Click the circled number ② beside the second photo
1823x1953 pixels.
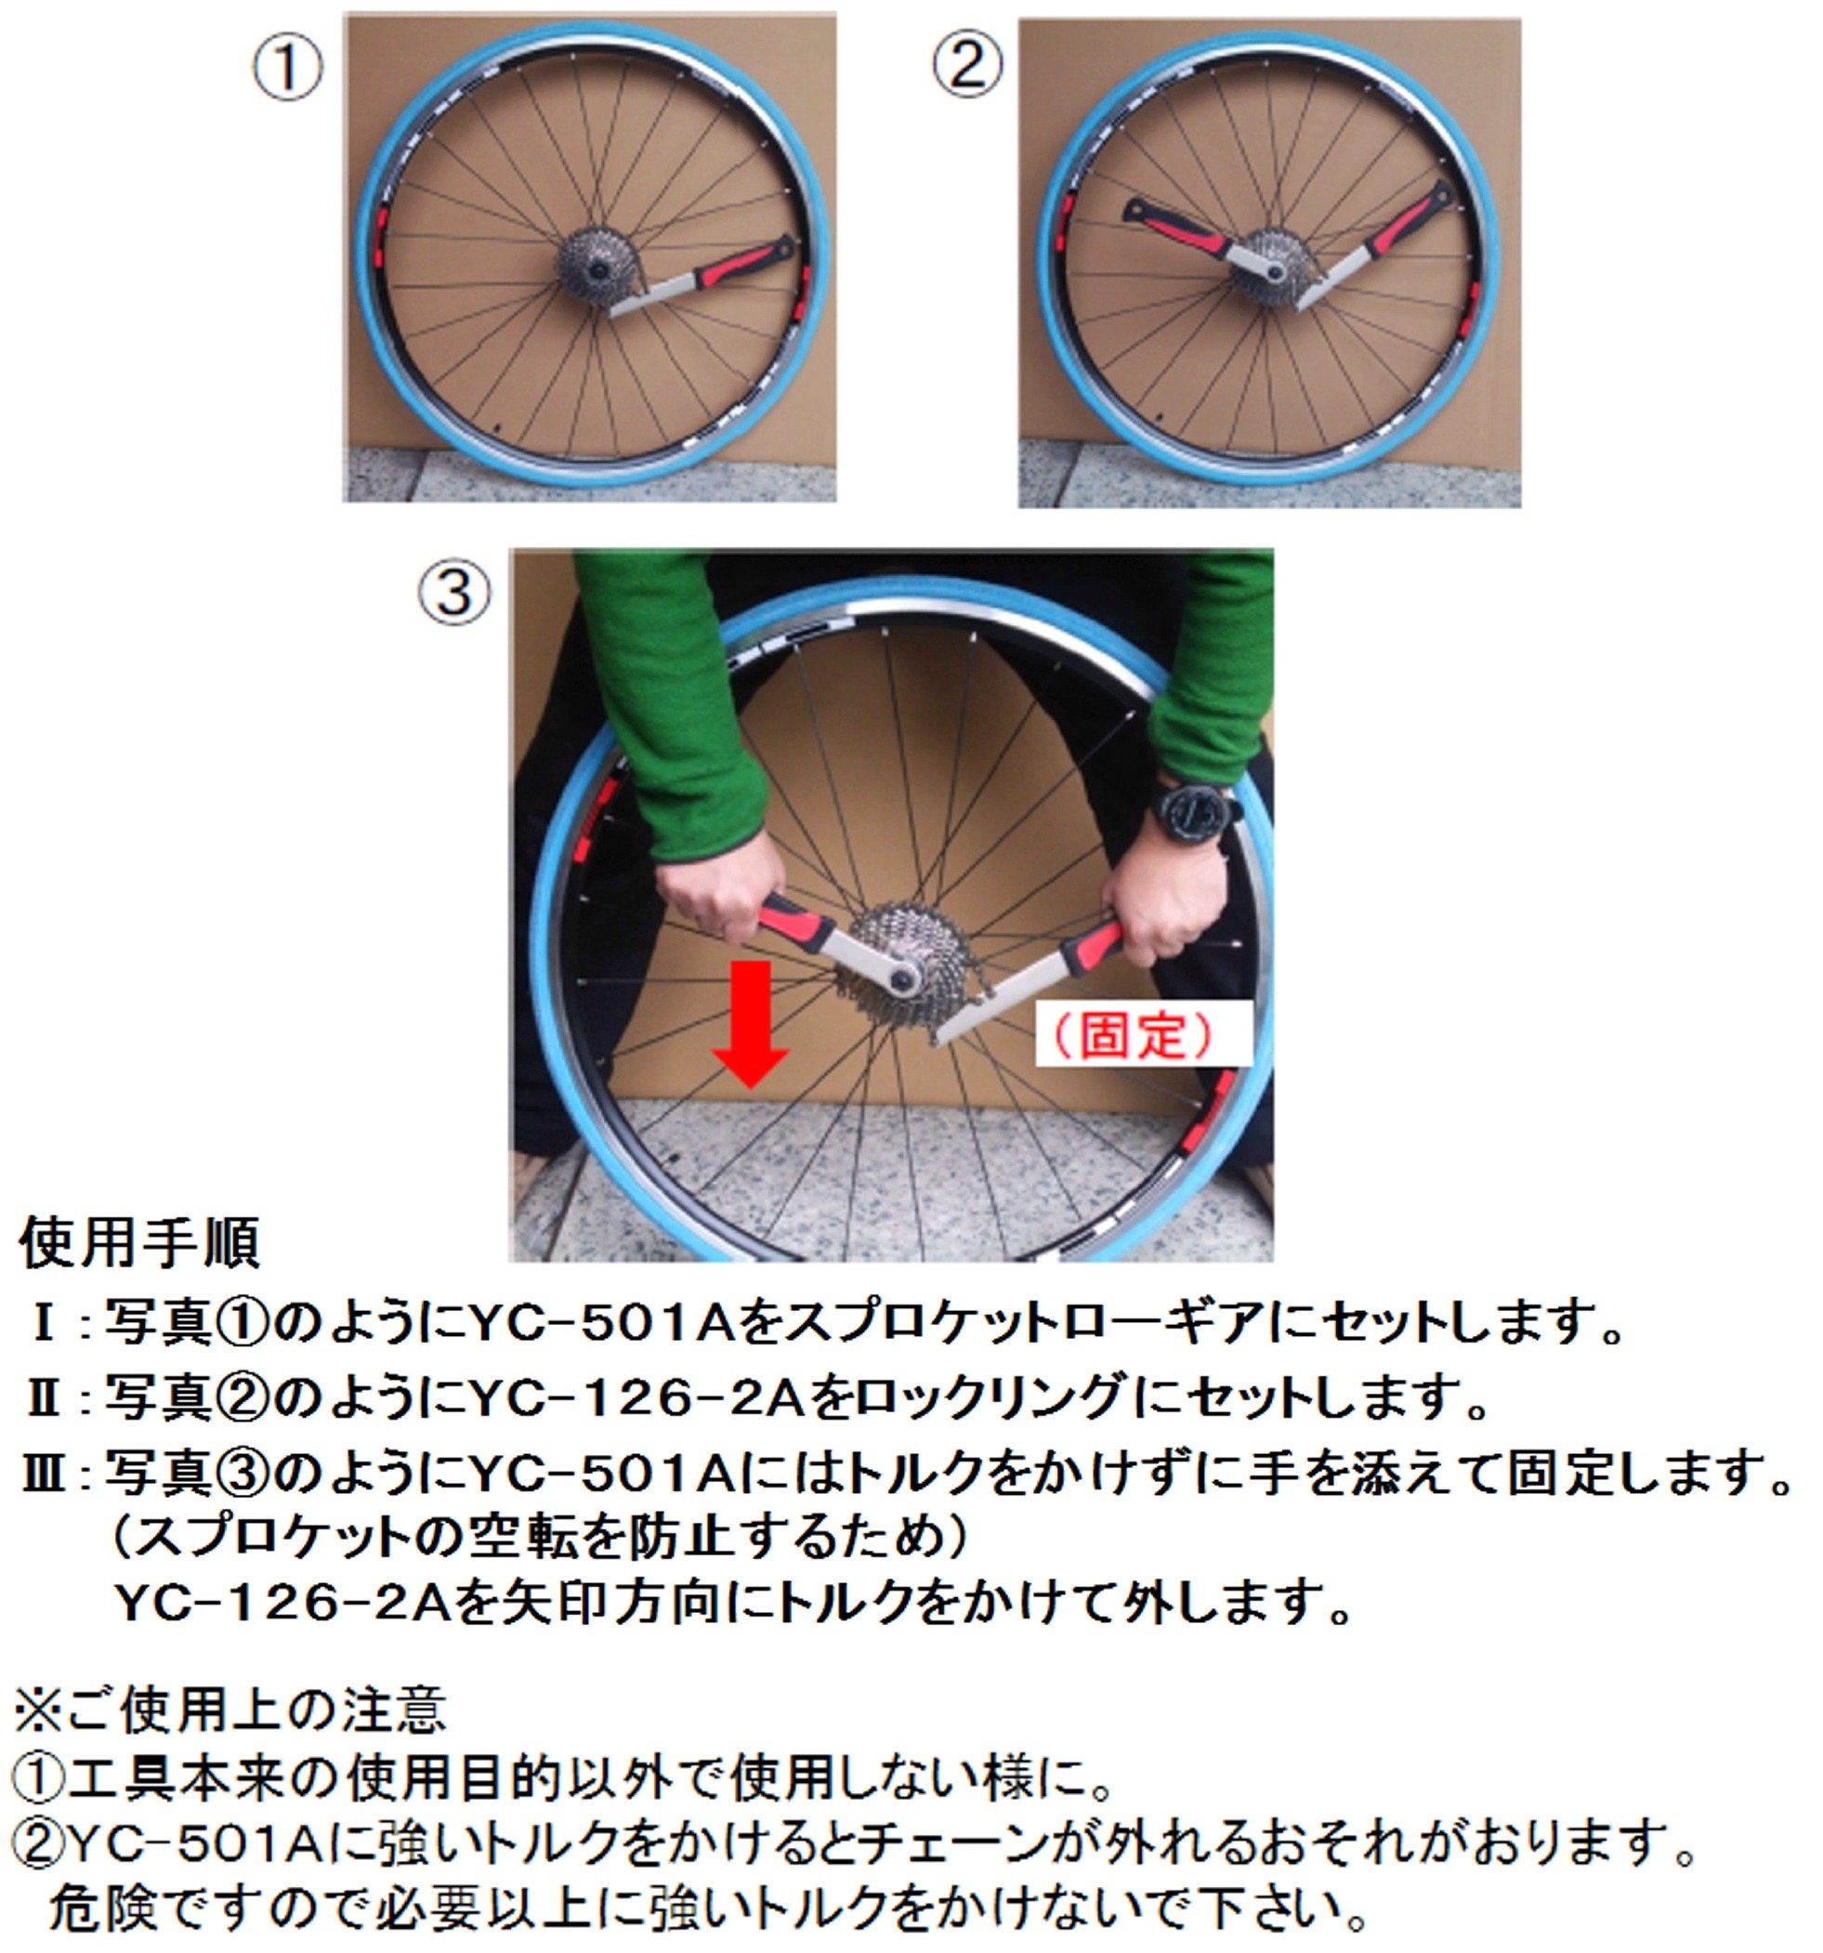(x=966, y=67)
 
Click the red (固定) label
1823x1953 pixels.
(x=1142, y=1033)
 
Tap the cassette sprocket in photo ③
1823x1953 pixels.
(x=898, y=953)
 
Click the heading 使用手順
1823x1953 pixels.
(x=139, y=1243)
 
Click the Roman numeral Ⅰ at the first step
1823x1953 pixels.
(x=44, y=1325)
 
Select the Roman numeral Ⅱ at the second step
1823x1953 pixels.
(x=44, y=1400)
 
